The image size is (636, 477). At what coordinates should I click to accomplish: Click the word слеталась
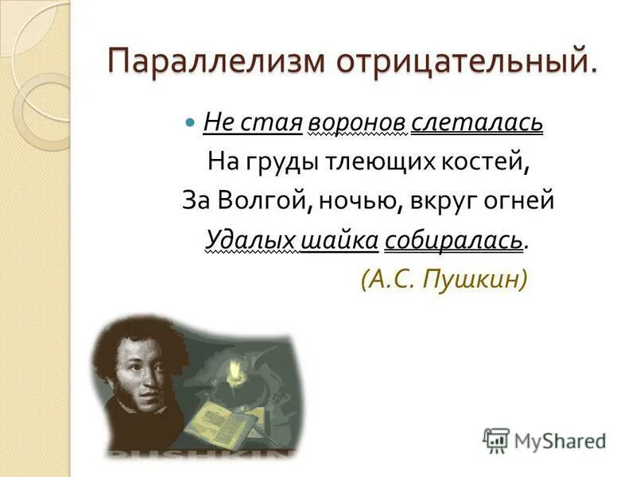coord(478,123)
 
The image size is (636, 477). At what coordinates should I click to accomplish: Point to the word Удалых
coord(250,239)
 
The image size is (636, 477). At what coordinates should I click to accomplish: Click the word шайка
coord(339,239)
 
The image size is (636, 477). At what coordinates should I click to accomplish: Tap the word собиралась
coord(454,239)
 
